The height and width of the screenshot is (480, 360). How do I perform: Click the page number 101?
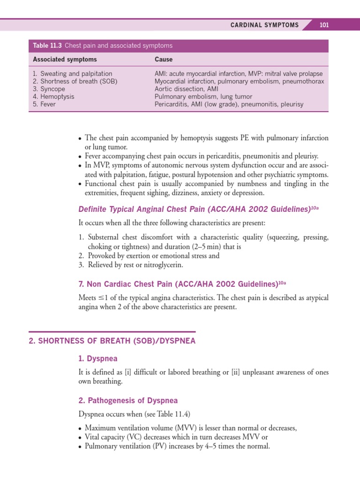coord(324,25)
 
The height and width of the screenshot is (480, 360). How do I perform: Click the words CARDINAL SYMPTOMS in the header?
coord(264,25)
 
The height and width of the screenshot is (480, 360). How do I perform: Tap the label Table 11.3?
coord(47,45)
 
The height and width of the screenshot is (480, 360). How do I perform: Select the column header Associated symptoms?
coord(65,60)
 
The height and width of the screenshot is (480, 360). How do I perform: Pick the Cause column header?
coord(164,60)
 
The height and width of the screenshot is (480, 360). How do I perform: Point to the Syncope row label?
coord(52,89)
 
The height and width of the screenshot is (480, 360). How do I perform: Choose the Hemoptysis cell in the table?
coord(57,97)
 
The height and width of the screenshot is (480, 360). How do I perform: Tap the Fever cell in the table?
coord(48,104)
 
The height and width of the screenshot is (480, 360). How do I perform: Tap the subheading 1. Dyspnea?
coord(97,359)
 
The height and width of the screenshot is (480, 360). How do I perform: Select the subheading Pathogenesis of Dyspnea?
coord(128,401)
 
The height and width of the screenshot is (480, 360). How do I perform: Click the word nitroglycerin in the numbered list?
coord(163,265)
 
